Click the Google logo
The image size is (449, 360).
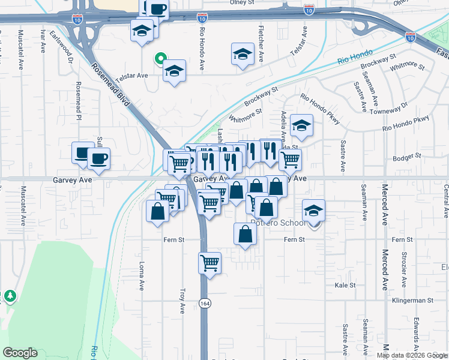20,353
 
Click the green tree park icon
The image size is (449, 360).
10,296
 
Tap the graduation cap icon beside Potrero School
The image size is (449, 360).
313,211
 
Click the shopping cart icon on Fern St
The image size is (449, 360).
210,263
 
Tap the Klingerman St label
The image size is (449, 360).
412,300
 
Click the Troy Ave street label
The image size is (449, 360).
182,300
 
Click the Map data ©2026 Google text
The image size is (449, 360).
411,355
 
